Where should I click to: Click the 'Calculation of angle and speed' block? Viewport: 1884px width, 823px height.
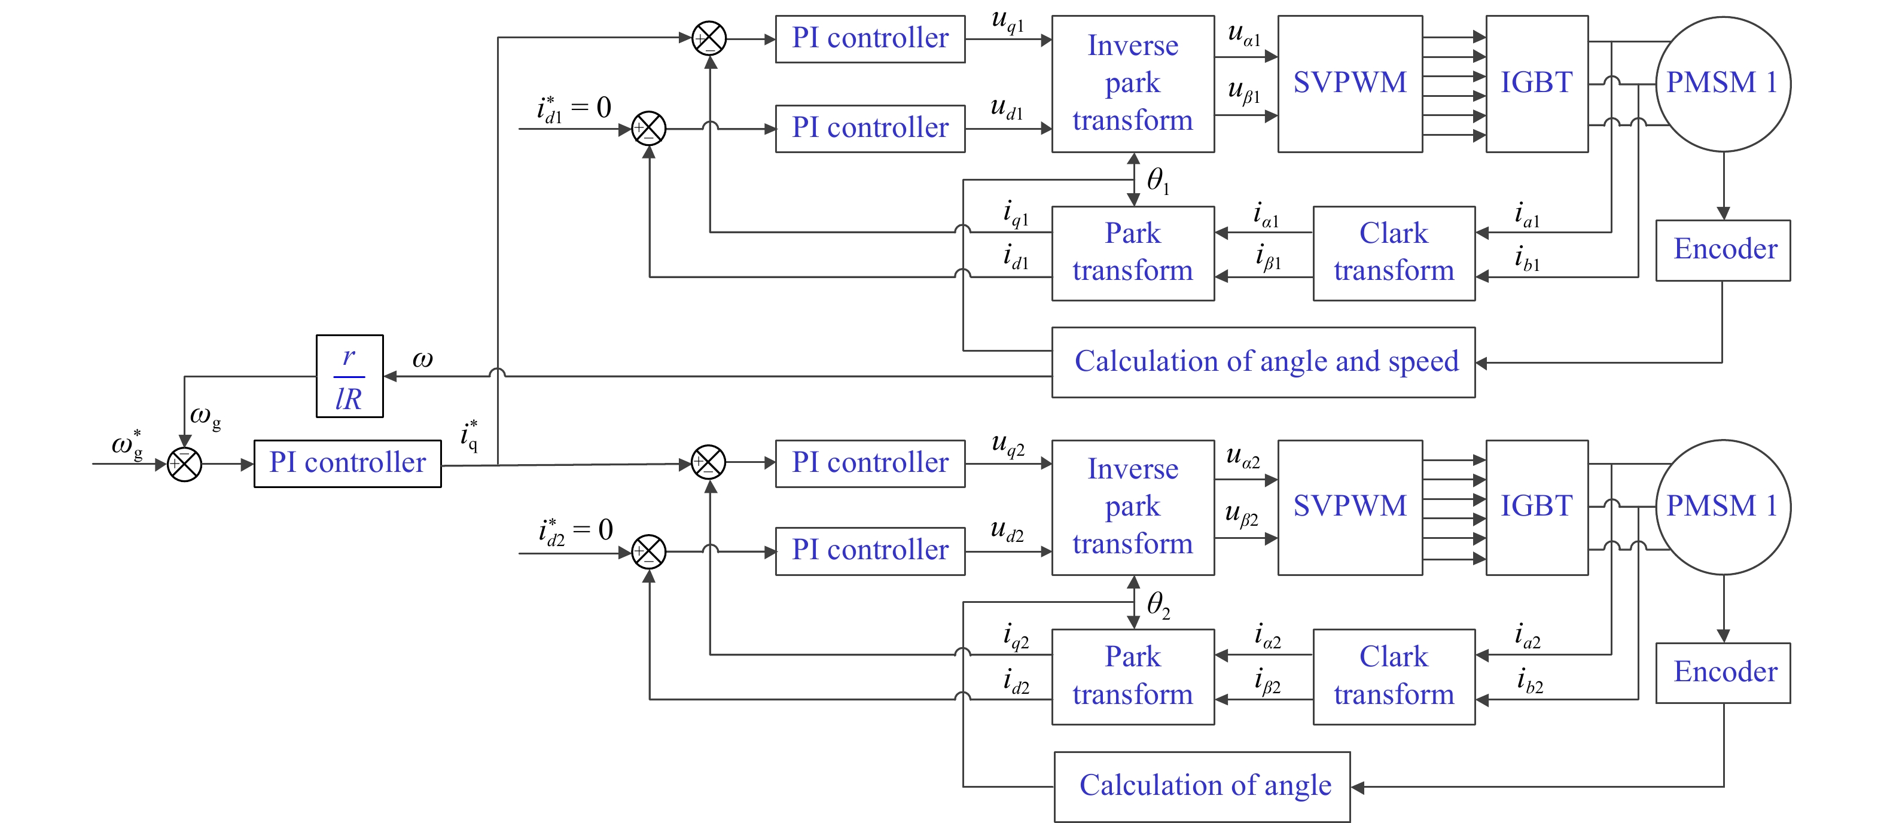pos(1263,362)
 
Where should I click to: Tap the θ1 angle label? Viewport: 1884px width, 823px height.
pos(1157,180)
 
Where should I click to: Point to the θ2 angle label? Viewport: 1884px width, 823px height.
pos(1157,604)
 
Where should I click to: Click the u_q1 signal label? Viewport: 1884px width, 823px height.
pos(1007,21)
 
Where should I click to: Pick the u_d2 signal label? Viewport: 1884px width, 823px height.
pos(1007,531)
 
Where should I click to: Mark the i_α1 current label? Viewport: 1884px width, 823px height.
pos(1265,215)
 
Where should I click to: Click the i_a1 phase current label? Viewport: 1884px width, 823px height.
pos(1526,215)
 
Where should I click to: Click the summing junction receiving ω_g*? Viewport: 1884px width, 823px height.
pos(184,464)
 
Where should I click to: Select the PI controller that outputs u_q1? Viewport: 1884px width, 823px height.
pos(870,39)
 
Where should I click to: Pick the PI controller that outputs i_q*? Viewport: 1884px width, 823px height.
pos(347,463)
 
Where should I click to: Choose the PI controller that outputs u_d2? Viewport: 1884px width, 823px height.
pos(870,551)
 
